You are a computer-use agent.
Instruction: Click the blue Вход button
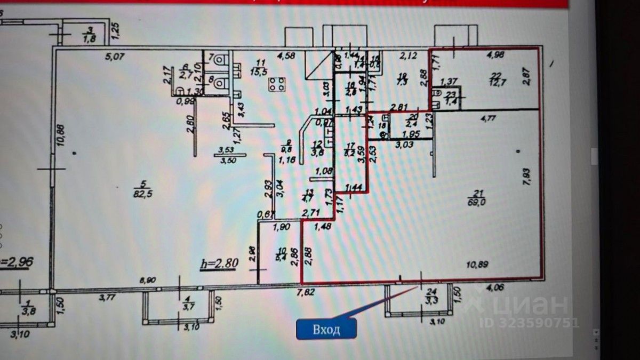tap(326, 329)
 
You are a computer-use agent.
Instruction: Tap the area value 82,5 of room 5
tap(140, 194)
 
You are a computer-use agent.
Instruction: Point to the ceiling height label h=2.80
tap(219, 263)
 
